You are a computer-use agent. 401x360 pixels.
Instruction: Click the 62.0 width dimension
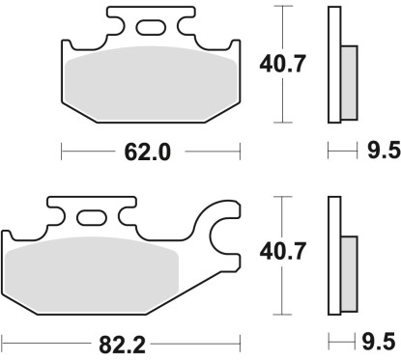tap(149, 151)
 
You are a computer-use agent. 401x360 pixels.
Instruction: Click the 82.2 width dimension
tap(119, 341)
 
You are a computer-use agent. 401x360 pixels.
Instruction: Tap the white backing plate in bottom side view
tap(335, 255)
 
